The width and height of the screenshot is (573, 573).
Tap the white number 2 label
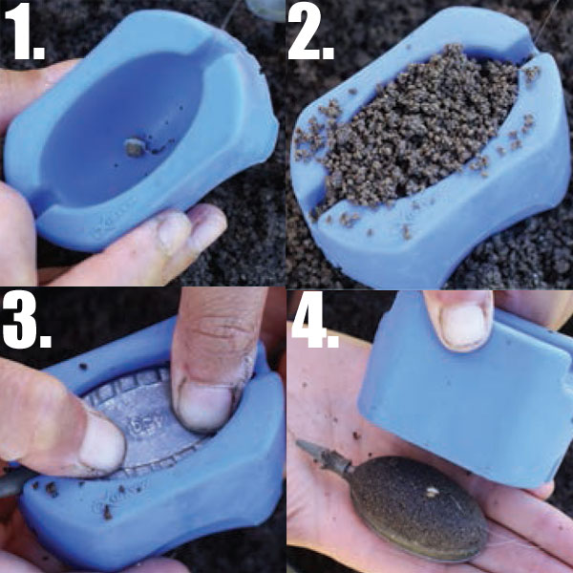pos(310,32)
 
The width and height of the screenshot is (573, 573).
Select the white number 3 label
pos(27,319)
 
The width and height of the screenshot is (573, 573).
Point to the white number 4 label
pos(315,319)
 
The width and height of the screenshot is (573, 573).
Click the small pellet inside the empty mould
pos(135,147)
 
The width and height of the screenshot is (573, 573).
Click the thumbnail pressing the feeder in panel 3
pos(204,406)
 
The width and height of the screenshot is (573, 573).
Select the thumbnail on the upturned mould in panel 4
pos(463,325)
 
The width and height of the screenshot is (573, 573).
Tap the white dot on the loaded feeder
pos(432,492)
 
